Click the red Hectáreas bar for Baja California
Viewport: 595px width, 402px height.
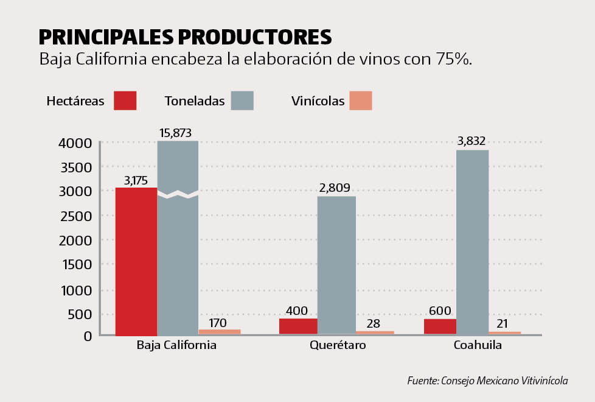136,262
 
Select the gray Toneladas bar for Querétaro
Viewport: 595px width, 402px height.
336,266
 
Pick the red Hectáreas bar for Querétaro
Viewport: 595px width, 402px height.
298,326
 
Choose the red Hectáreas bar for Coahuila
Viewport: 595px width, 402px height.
440,326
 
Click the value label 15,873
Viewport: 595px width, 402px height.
178,133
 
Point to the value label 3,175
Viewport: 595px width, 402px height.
136,180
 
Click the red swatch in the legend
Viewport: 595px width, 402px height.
125,100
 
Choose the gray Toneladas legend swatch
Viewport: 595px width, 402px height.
242,100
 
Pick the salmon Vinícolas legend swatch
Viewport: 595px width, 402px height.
361,100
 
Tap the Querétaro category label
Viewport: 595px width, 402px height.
338,345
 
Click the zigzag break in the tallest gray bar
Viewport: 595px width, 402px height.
178,194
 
